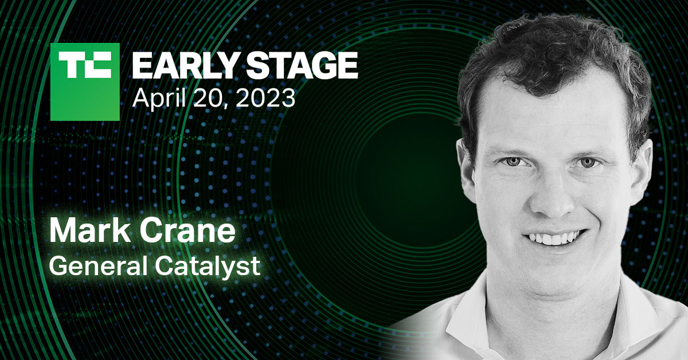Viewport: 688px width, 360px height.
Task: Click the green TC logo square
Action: pos(85,81)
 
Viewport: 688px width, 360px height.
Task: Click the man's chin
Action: pos(553,272)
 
